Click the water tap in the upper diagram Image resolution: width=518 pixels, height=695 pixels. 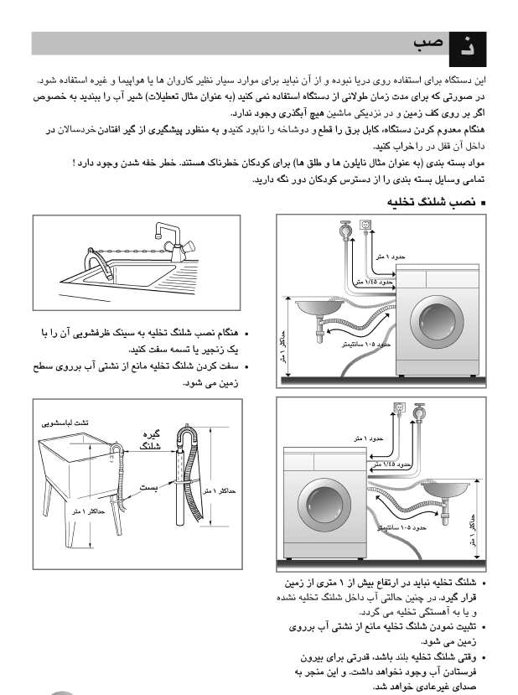pyautogui.click(x=344, y=228)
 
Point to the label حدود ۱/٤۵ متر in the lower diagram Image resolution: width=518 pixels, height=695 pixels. pyautogui.click(x=391, y=464)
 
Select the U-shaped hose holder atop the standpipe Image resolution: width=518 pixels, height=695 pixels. pyautogui.click(x=185, y=436)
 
